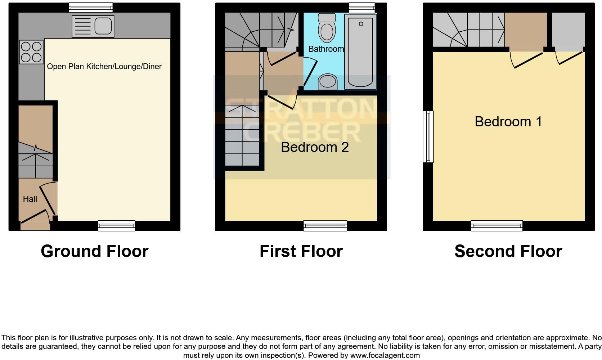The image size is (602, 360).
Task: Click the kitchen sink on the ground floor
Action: click(x=93, y=26)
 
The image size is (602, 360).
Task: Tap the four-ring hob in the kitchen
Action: click(x=31, y=52)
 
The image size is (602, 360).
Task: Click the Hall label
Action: click(x=30, y=199)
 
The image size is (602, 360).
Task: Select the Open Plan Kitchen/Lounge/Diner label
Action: click(x=104, y=67)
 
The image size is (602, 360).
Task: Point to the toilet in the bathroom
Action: click(x=327, y=29)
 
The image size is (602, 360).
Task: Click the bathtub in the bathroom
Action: click(x=360, y=52)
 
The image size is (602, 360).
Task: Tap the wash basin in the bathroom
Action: click(x=328, y=81)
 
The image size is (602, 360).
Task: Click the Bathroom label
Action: click(x=326, y=49)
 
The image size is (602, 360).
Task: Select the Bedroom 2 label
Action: click(x=315, y=147)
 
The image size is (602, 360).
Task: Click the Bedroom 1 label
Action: click(x=508, y=122)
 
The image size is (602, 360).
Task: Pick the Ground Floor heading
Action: click(x=94, y=251)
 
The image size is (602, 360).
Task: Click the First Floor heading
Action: click(x=301, y=251)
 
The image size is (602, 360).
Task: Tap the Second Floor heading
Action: click(x=508, y=251)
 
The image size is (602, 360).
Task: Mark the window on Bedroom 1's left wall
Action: click(x=428, y=136)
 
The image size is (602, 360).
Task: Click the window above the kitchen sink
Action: click(x=91, y=7)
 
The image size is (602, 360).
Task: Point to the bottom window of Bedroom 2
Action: click(x=325, y=226)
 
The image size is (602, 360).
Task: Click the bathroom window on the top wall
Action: click(x=361, y=7)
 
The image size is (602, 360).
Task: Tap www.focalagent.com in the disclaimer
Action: click(x=385, y=356)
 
